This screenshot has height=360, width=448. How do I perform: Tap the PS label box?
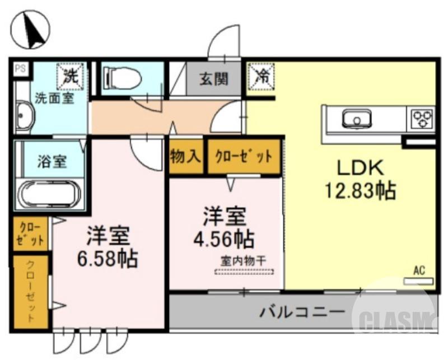(x=20, y=68)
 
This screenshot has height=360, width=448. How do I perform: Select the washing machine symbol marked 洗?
(x=71, y=76)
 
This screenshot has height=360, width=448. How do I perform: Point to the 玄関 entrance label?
(x=213, y=79)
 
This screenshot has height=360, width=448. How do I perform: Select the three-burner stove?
(x=422, y=118)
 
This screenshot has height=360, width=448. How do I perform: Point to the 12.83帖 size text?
(x=361, y=191)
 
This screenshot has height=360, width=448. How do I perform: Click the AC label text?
(x=418, y=271)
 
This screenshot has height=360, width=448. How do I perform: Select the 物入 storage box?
(x=186, y=156)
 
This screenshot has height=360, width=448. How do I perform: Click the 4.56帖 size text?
(x=223, y=239)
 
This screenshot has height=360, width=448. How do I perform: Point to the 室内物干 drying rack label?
(x=244, y=261)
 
